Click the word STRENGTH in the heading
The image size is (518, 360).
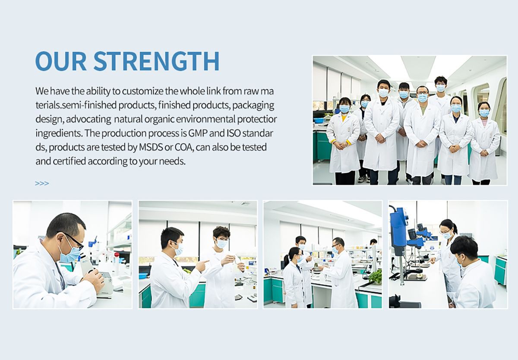[x=156, y=61]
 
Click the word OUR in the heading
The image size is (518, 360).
[x=61, y=61]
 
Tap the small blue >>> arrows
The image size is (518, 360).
[x=42, y=183]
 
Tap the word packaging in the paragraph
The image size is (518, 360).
[x=253, y=106]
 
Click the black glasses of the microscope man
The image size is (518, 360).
[x=73, y=240]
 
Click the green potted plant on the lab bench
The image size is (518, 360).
[x=375, y=277]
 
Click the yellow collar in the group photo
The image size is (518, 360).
[x=344, y=118]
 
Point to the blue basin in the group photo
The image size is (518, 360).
[x=319, y=120]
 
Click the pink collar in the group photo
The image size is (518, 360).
[x=484, y=123]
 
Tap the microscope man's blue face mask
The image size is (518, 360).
[x=70, y=254]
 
